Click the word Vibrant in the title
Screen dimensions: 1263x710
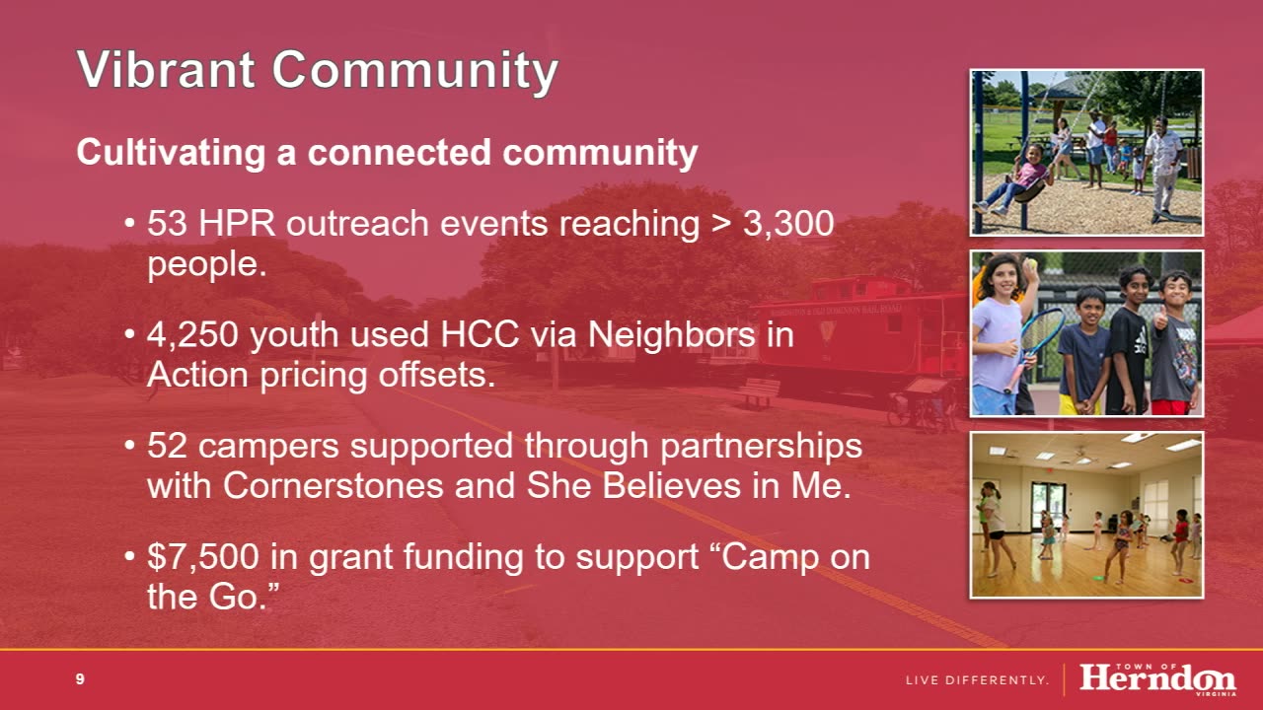166,69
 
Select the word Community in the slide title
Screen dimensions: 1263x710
415,72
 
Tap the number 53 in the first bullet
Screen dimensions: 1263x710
167,223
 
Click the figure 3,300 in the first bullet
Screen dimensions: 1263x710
788,224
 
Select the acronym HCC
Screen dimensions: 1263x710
480,334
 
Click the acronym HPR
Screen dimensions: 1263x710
237,223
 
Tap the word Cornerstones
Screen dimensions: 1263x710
334,486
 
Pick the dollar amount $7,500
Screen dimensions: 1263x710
203,557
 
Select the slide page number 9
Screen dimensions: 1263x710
80,679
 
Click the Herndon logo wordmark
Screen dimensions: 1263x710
1157,678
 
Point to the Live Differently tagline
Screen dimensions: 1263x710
977,680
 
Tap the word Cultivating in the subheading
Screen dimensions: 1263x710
171,153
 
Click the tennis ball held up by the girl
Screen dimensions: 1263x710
1031,263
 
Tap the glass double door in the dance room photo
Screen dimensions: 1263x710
1047,506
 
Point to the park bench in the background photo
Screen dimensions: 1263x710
759,392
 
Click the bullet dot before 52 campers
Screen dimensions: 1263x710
129,446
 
